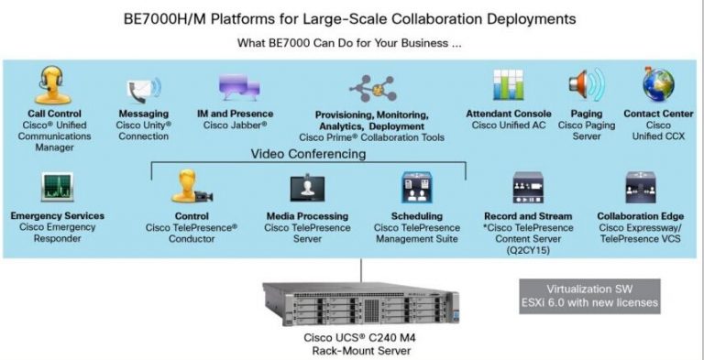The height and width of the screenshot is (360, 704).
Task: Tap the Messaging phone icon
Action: click(144, 92)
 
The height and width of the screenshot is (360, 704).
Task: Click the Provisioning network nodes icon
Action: click(369, 90)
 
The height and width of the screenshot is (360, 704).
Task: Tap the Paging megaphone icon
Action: click(585, 88)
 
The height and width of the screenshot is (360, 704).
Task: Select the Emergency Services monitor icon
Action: click(58, 189)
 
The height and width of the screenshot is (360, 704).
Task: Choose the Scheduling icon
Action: click(417, 188)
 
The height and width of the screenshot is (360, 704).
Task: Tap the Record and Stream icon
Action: click(529, 188)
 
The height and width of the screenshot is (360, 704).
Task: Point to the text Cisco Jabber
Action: click(236, 125)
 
